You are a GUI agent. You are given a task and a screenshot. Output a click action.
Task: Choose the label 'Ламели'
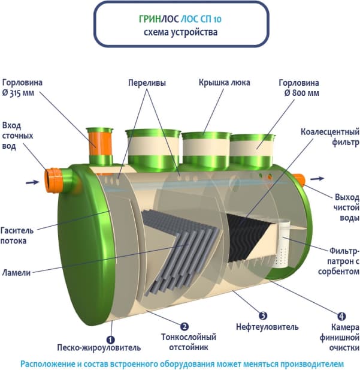pyautogui.click(x=16, y=272)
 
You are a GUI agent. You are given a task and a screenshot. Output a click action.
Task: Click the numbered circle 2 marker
pyautogui.click(x=185, y=326)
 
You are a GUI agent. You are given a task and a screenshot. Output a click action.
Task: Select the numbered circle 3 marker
pyautogui.click(x=262, y=314)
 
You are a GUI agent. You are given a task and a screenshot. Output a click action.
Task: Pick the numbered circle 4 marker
pyautogui.click(x=341, y=315)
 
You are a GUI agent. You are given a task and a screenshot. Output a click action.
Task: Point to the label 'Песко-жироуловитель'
pyautogui.click(x=99, y=347)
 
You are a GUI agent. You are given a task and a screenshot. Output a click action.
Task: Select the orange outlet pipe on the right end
pyautogui.click(x=297, y=179)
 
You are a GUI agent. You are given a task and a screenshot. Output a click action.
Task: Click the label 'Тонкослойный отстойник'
pyautogui.click(x=189, y=342)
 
